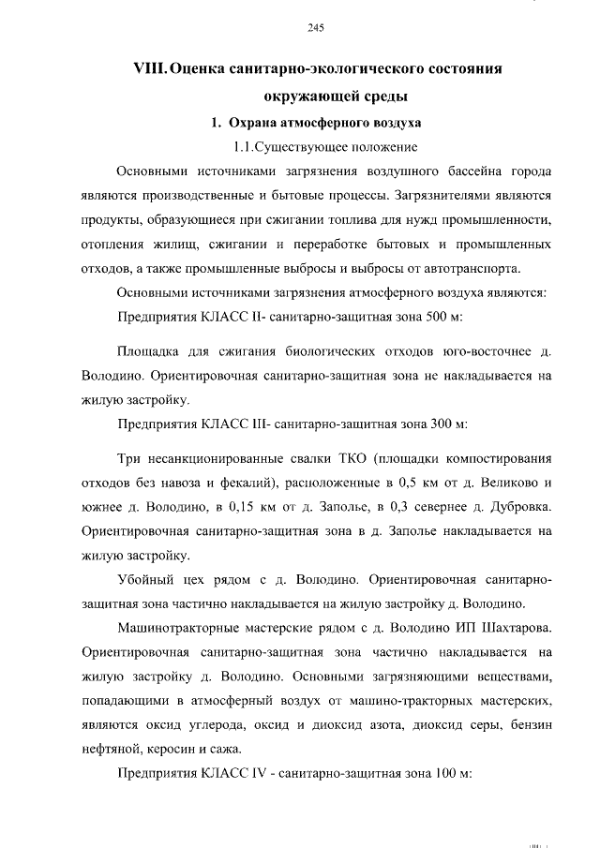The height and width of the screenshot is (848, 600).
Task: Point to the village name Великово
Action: [x=508, y=484]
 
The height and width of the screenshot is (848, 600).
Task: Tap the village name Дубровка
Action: [x=514, y=508]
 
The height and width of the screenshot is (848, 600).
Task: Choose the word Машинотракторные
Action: [x=177, y=626]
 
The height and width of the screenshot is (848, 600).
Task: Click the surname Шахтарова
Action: [x=513, y=626]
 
